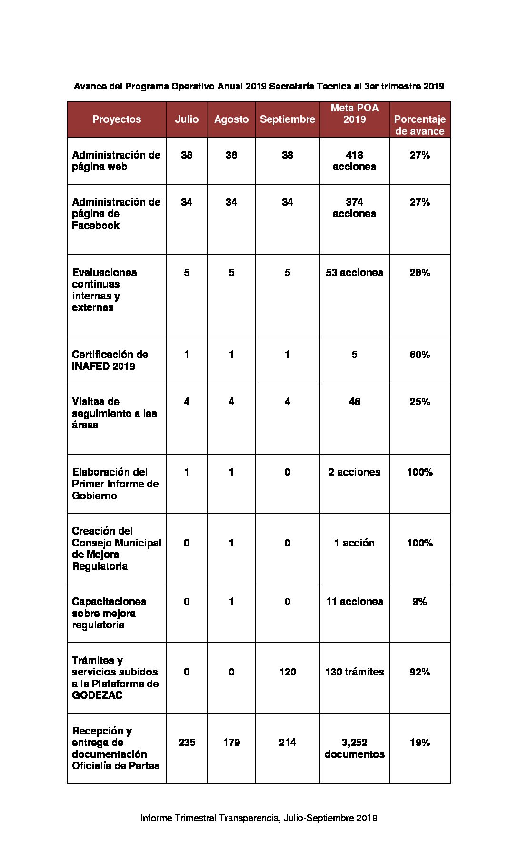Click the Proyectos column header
[117, 119]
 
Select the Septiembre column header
[287, 119]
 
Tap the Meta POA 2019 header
[354, 114]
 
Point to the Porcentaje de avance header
[419, 125]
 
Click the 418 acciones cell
[354, 161]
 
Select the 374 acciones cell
[354, 208]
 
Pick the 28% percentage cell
[419, 273]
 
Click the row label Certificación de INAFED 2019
[110, 360]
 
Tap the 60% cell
[419, 355]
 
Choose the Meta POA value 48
[354, 402]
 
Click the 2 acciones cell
[354, 472]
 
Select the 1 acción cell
[354, 543]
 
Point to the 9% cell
[419, 602]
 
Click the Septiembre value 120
[287, 672]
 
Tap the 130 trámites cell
[354, 672]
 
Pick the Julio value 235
[187, 743]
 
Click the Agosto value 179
[231, 743]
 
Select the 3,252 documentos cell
[354, 748]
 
